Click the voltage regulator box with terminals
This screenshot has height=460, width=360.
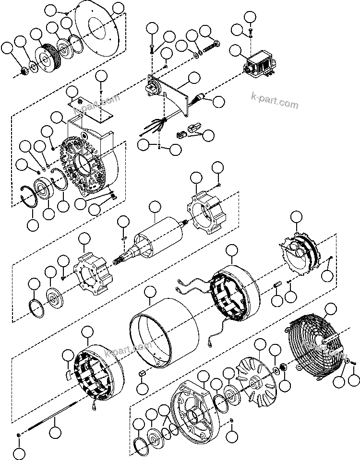point(260,65)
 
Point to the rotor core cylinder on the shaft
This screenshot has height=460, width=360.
point(159,237)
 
